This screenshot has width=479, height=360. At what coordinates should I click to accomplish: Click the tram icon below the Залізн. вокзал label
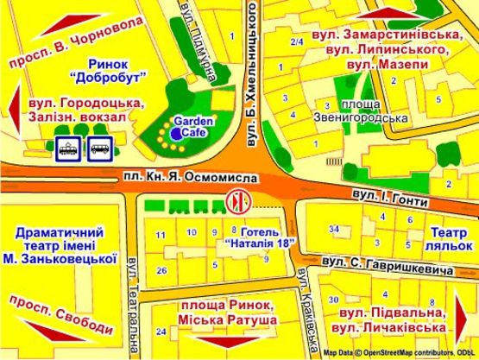click(65, 149)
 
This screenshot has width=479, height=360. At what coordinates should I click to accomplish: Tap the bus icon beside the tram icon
click(98, 149)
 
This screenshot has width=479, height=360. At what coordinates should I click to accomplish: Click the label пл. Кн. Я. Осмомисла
click(193, 176)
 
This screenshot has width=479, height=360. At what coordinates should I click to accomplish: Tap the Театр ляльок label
click(447, 239)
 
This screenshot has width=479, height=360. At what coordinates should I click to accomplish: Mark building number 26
click(161, 270)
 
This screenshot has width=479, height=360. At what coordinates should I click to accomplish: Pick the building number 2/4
click(298, 42)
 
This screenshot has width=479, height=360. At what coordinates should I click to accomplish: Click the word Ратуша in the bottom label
click(255, 321)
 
